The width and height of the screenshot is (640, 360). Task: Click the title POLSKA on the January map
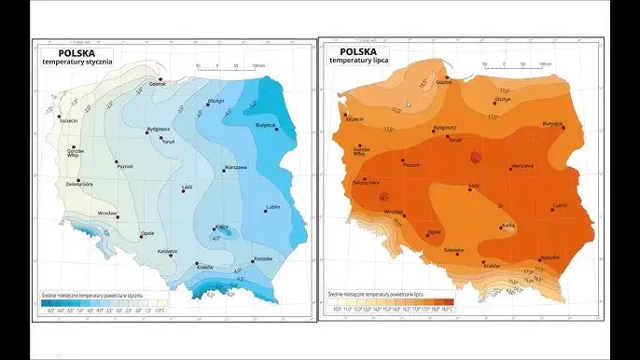pos(65,52)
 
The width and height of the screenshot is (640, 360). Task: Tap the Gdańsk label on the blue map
pos(157,85)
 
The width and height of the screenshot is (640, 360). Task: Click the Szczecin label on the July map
pos(355,119)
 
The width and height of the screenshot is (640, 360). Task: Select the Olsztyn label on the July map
pos(502,99)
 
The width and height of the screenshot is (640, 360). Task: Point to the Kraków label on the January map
pos(205,267)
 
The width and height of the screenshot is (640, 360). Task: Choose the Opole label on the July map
pos(434,232)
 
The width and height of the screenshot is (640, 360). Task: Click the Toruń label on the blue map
pos(168,142)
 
